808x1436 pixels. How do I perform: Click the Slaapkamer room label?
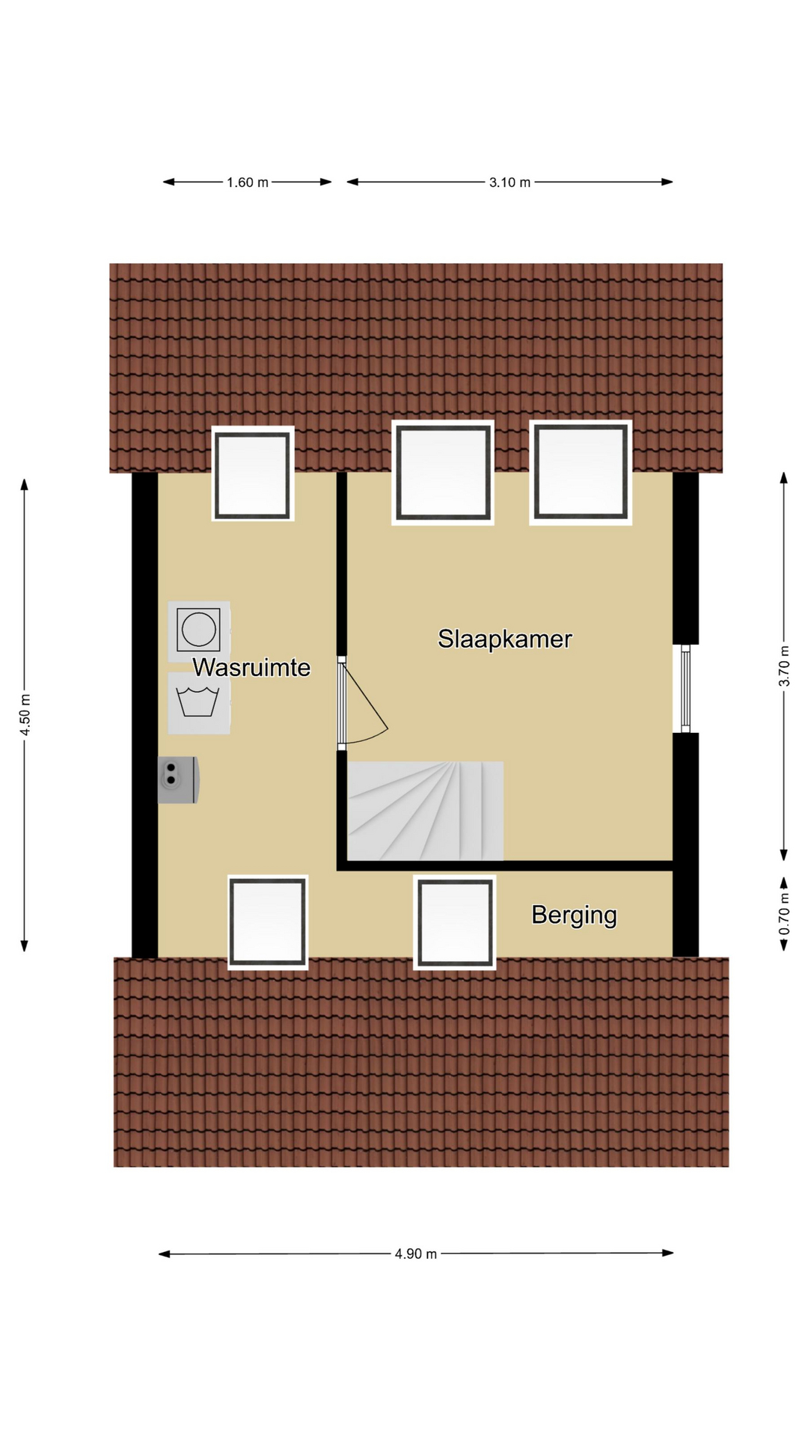[x=505, y=639]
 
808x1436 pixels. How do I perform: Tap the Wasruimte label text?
[x=251, y=667]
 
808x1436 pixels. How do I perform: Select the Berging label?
[x=574, y=915]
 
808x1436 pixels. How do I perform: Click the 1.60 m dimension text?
[x=248, y=182]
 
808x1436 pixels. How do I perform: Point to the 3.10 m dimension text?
[x=509, y=182]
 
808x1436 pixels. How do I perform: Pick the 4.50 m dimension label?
[x=25, y=715]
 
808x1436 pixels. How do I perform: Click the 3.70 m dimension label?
[x=784, y=666]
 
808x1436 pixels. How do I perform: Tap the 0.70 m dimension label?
[x=784, y=914]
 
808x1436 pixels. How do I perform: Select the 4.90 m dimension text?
[x=416, y=1254]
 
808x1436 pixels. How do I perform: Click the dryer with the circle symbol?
[x=198, y=630]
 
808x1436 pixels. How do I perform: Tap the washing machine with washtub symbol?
[x=198, y=703]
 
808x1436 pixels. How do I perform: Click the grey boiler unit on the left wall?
[x=178, y=779]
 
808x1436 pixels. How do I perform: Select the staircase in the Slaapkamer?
[x=425, y=811]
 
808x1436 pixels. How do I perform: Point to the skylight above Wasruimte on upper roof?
[x=253, y=474]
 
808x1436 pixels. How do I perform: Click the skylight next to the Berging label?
[x=455, y=922]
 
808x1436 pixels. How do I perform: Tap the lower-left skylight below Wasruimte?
[x=268, y=922]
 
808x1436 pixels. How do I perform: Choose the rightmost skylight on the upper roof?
[x=581, y=473]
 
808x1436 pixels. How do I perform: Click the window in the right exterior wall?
[x=685, y=688]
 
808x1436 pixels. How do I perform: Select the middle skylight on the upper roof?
[x=443, y=473]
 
